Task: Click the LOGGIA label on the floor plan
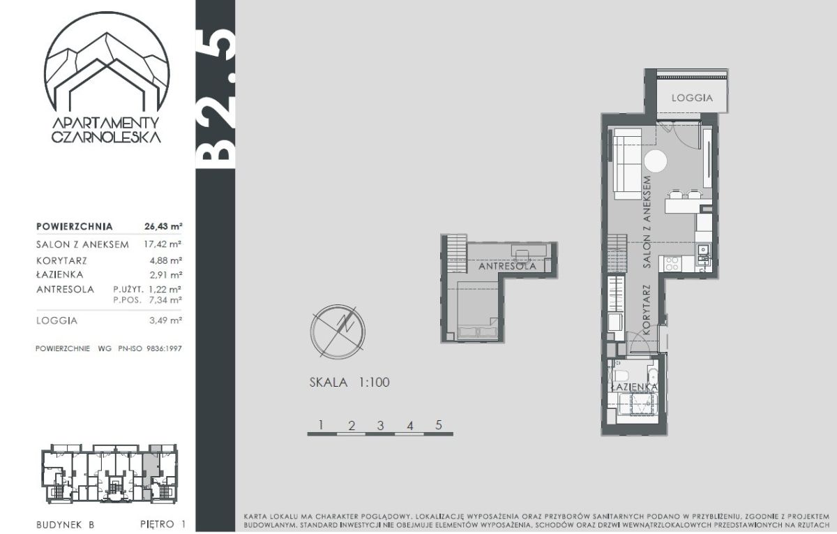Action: click(692, 98)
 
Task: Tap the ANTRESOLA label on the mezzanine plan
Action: click(507, 266)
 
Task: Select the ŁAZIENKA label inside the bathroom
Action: click(634, 387)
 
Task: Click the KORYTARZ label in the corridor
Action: click(647, 310)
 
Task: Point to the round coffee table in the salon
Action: click(656, 161)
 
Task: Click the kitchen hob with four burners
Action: click(672, 264)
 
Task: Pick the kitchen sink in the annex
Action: click(703, 249)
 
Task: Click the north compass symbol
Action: click(338, 332)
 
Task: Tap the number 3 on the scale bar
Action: click(380, 426)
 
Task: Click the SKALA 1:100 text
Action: click(349, 383)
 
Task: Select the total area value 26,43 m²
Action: click(163, 226)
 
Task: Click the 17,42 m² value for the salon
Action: click(163, 244)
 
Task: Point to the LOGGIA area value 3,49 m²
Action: click(165, 320)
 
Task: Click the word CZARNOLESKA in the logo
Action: click(106, 137)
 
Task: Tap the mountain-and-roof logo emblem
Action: click(107, 61)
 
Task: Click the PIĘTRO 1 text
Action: click(163, 524)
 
